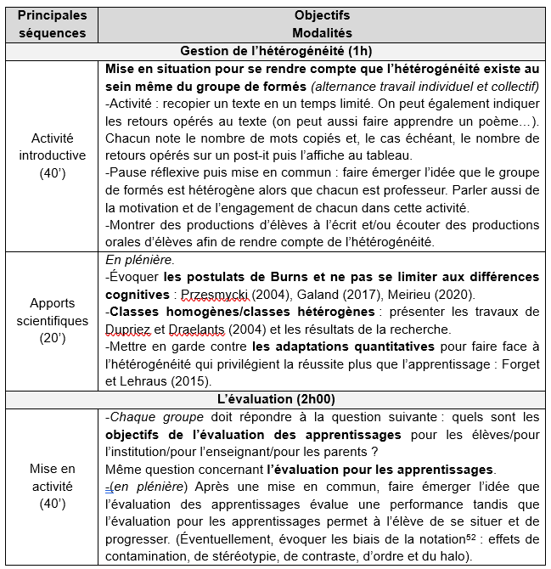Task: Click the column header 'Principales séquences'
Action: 53,24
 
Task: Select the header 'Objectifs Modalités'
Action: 322,24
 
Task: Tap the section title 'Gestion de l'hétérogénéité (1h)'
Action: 276,50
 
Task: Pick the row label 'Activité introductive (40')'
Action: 53,155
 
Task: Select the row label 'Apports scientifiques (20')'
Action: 53,322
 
